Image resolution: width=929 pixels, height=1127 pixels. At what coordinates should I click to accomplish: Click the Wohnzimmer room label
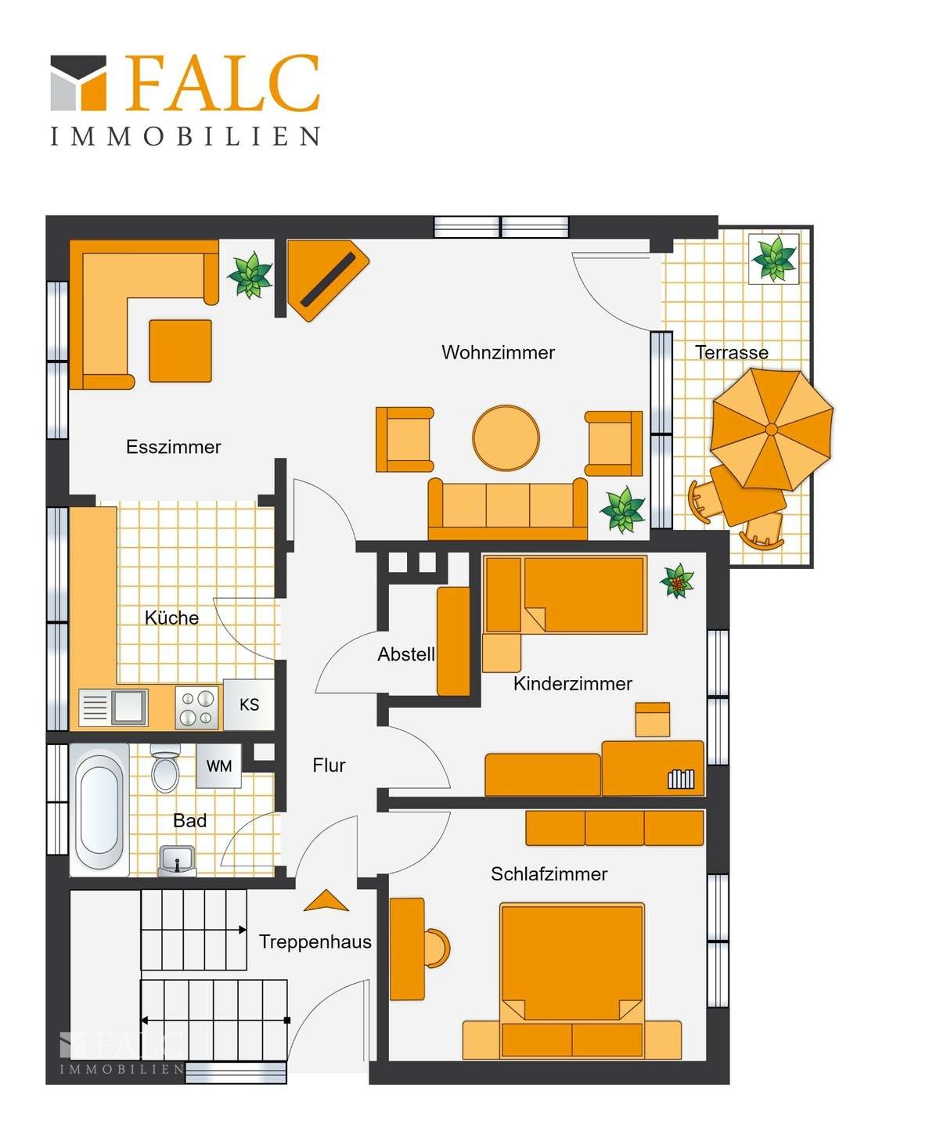point(498,352)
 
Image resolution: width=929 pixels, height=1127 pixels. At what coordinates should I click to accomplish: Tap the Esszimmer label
point(173,447)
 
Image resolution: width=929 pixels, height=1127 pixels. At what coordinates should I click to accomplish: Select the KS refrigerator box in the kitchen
point(249,704)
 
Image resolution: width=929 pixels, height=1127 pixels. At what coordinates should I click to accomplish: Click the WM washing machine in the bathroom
point(218,765)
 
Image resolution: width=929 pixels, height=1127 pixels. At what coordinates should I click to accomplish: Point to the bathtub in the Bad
point(99,809)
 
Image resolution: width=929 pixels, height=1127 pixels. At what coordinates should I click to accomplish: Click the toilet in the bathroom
point(165,769)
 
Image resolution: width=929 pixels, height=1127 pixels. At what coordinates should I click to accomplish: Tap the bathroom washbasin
point(177,860)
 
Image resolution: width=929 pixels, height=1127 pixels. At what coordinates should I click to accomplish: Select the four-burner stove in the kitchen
point(197,708)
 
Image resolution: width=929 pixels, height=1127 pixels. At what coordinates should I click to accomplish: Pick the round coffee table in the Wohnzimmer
point(506,437)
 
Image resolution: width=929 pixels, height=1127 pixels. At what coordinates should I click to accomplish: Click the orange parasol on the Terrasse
point(772,429)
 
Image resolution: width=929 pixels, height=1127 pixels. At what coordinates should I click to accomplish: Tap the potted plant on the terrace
point(774,258)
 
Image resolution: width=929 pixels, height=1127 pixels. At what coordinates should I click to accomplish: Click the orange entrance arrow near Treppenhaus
point(326,901)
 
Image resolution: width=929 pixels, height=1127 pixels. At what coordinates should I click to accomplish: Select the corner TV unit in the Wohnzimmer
point(326,280)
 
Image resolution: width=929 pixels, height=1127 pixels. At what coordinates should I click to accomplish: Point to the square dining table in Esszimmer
point(180,351)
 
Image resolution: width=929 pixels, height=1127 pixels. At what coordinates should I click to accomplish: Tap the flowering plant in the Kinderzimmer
point(677,581)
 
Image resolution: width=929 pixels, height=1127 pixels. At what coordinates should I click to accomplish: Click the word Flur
point(329,765)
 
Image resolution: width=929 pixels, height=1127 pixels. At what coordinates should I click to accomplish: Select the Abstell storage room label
point(406,654)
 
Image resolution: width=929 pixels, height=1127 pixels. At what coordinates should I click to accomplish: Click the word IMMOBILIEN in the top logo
point(185,136)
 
